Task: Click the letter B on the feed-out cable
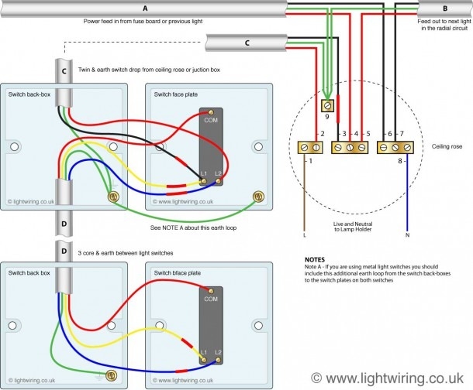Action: [x=444, y=9]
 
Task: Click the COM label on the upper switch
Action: [x=211, y=121]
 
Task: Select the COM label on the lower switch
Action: [x=211, y=298]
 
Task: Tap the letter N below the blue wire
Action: [x=407, y=234]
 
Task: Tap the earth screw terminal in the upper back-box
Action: [x=116, y=198]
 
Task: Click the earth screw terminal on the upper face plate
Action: [x=255, y=198]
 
